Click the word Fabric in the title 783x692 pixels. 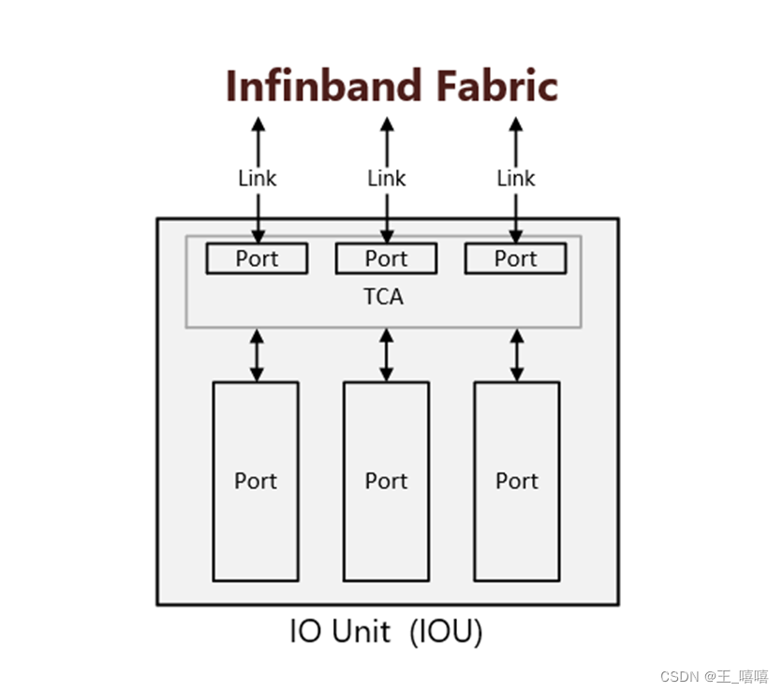point(495,86)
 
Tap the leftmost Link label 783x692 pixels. point(257,178)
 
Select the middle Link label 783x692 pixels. point(386,178)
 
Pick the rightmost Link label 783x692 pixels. point(515,178)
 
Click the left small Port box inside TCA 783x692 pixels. point(257,258)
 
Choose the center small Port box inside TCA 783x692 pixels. point(386,258)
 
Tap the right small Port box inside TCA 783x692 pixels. point(515,258)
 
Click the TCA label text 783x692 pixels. point(383,297)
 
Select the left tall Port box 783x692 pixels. point(256,481)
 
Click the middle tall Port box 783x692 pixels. point(386,481)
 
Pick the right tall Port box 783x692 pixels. point(516,481)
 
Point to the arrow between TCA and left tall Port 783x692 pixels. point(257,355)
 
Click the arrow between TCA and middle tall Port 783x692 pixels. point(386,355)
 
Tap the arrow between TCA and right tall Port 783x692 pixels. point(516,355)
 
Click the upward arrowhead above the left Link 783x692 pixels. point(258,124)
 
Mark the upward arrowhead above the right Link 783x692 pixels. point(515,124)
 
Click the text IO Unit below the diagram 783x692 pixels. point(340,633)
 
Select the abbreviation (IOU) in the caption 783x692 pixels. point(446,633)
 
